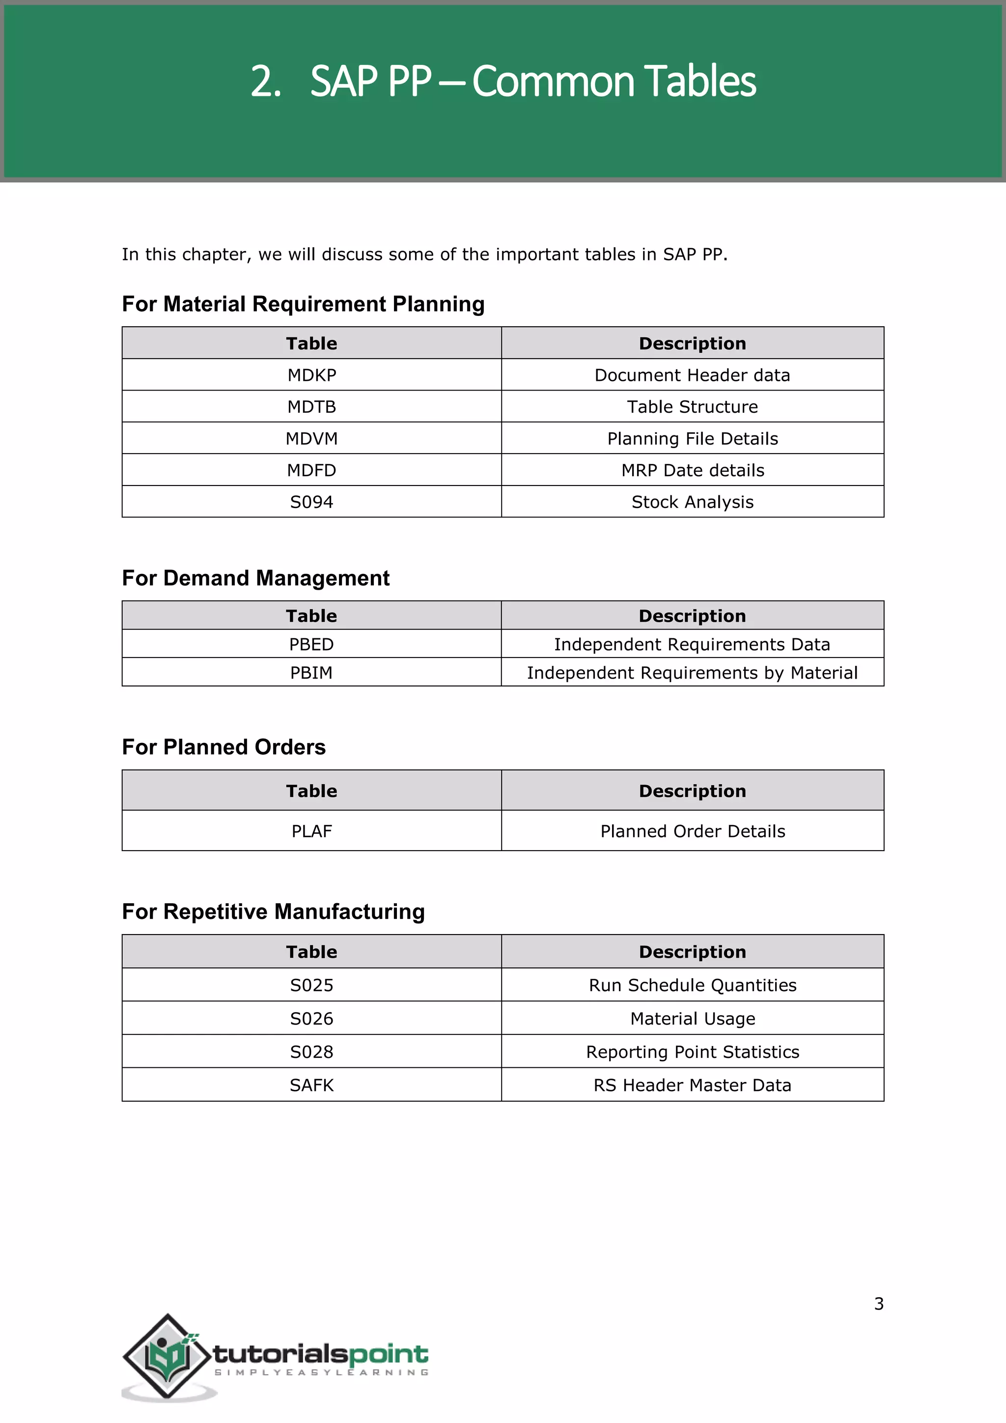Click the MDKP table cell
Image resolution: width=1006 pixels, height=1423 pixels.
click(x=311, y=375)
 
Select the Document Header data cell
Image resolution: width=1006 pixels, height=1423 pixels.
click(x=692, y=375)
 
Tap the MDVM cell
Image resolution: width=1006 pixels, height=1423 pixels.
click(x=311, y=438)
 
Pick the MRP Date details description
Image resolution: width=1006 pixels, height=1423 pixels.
click(x=692, y=470)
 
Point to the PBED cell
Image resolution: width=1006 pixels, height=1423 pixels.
click(x=311, y=644)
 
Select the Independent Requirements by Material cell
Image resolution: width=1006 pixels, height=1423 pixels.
click(x=692, y=673)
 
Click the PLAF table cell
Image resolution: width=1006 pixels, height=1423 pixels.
click(x=311, y=830)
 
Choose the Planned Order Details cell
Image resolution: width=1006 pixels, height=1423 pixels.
click(x=692, y=830)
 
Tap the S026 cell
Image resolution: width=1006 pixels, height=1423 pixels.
click(x=311, y=1018)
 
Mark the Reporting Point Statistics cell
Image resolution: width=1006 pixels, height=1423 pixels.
click(x=692, y=1052)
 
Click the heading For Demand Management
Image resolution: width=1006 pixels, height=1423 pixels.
click(x=255, y=578)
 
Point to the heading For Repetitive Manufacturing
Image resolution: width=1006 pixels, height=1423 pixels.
click(x=273, y=911)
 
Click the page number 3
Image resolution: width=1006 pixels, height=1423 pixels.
click(x=878, y=1304)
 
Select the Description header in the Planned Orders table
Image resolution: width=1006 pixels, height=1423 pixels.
click(x=692, y=790)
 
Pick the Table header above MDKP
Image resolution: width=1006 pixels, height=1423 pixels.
click(x=311, y=343)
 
